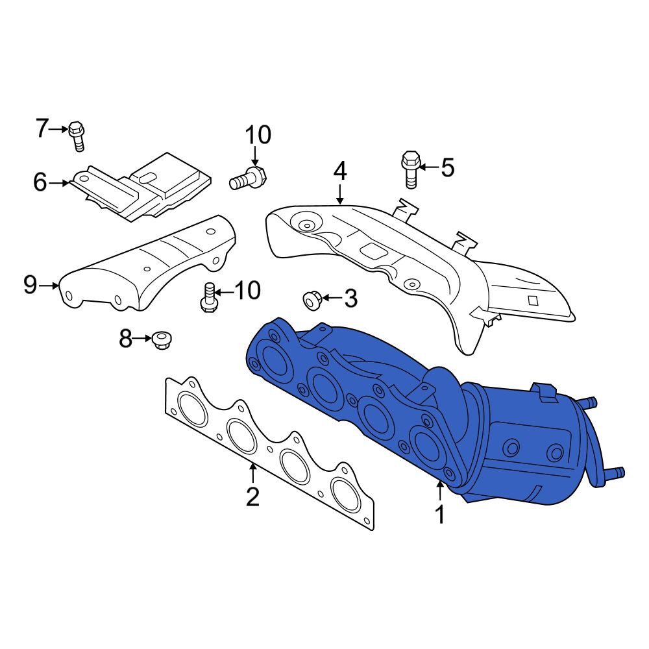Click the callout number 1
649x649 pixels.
click(440, 514)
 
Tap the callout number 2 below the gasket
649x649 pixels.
click(252, 496)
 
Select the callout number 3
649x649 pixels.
click(351, 298)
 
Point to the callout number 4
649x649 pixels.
click(340, 171)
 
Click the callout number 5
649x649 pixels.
click(447, 167)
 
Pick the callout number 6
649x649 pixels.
click(40, 182)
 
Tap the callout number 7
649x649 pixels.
click(42, 129)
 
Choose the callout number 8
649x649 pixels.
click(125, 338)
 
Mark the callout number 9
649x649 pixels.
click(31, 285)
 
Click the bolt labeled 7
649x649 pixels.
click(77, 136)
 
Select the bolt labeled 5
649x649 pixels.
click(411, 169)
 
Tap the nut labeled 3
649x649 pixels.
click(312, 300)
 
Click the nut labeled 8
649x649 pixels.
click(162, 340)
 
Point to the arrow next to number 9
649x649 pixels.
click(49, 285)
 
